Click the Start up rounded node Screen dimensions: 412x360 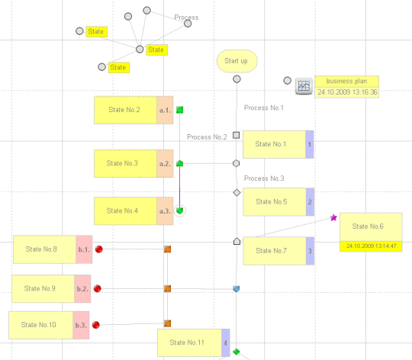[237, 61]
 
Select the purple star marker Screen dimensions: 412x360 [333, 217]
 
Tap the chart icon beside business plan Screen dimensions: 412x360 [304, 86]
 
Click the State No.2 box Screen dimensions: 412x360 [125, 110]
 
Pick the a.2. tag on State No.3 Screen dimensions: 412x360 [165, 163]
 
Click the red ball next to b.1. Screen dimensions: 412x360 [98, 249]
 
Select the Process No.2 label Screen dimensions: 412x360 [207, 137]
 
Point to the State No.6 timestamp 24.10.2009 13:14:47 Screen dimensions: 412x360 [371, 246]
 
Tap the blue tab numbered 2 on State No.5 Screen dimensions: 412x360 [310, 202]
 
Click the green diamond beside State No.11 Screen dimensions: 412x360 [237, 352]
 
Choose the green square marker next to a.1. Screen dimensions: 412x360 [180, 110]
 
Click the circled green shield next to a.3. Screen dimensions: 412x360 [180, 211]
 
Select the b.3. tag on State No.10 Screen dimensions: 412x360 [81, 325]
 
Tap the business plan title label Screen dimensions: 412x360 [346, 81]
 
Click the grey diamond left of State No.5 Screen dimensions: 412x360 [237, 193]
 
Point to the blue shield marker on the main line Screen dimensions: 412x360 [237, 289]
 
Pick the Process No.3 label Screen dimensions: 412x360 [264, 178]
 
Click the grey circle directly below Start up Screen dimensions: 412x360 [237, 79]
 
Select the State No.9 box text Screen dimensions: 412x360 [40, 288]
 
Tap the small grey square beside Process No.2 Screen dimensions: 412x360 [237, 135]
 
